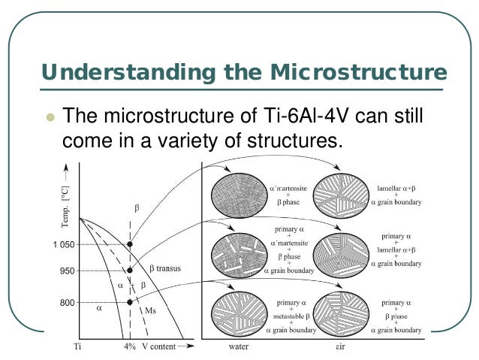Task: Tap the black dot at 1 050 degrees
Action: click(130, 245)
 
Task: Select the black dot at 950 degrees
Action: click(130, 271)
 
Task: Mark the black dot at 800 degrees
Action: click(130, 302)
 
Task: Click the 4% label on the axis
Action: click(129, 347)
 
